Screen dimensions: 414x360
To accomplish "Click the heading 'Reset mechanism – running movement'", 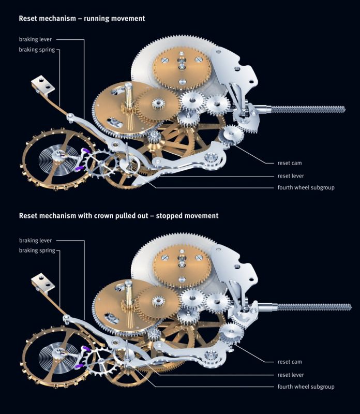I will coord(82,18).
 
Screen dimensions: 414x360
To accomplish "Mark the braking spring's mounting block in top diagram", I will coord(42,85).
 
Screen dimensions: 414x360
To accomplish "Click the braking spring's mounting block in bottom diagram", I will coord(42,284).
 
